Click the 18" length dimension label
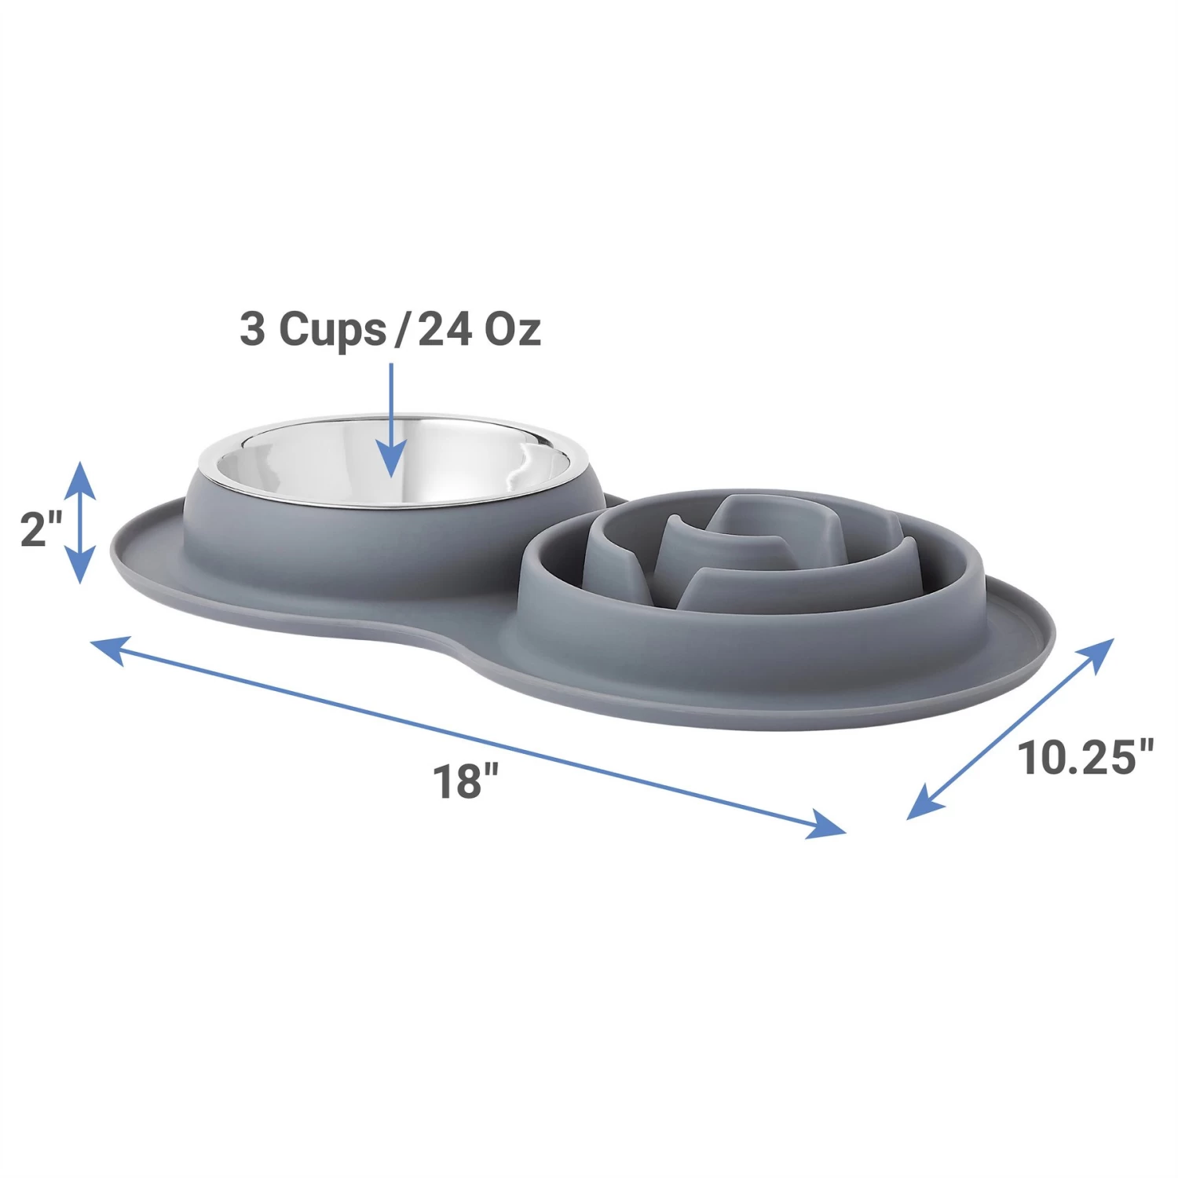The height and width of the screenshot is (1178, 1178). tap(466, 781)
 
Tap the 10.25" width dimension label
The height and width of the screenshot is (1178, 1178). tap(1085, 759)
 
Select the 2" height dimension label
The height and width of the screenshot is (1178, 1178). tap(41, 529)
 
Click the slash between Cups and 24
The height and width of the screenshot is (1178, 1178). tap(401, 330)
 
